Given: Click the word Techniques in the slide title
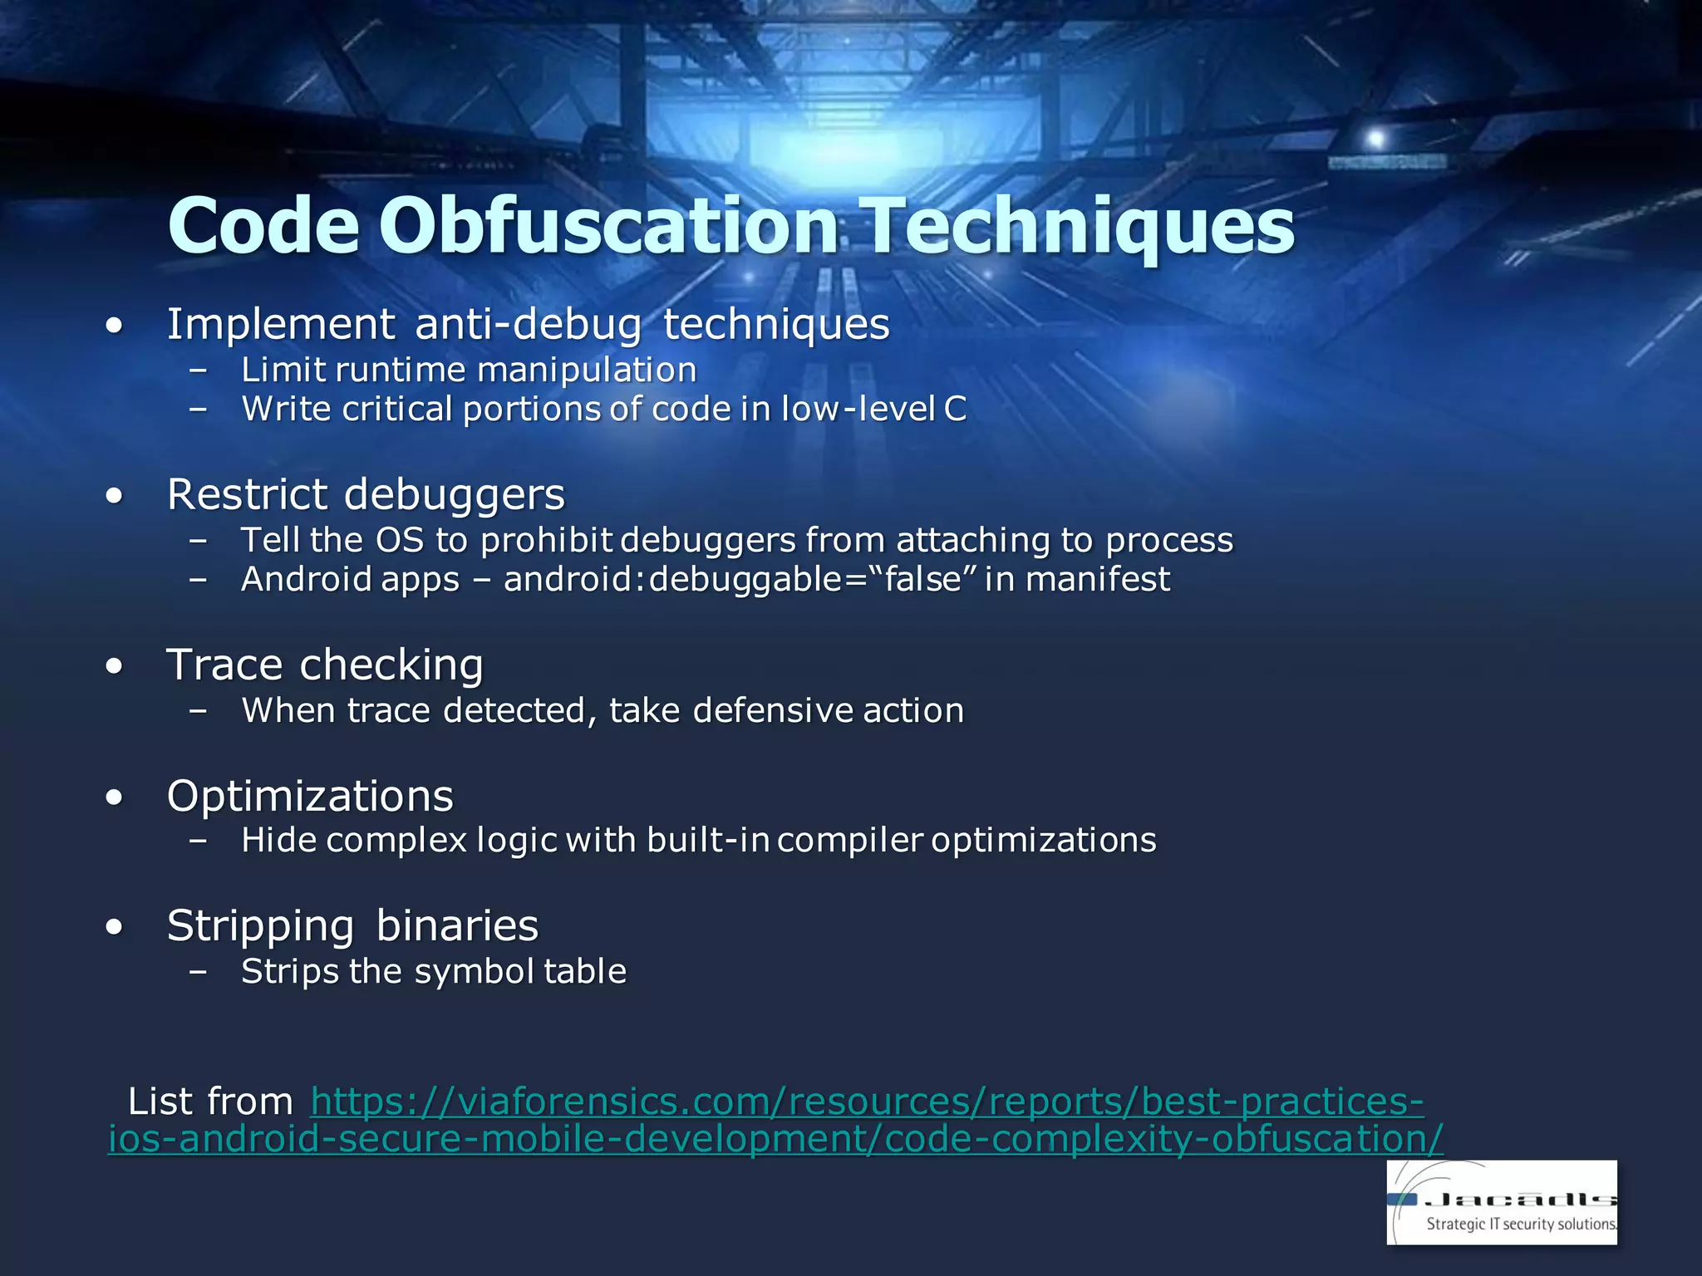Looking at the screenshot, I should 1079,226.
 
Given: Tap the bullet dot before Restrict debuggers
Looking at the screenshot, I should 115,497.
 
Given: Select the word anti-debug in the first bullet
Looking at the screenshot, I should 528,324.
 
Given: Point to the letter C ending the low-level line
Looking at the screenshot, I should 955,409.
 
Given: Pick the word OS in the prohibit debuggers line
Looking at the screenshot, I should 400,541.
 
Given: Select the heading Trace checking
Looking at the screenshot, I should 325,665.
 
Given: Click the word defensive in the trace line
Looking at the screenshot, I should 773,711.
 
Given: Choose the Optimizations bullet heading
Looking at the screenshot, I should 310,796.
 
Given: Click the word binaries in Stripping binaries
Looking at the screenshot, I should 457,925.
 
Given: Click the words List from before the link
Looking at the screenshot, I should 209,1102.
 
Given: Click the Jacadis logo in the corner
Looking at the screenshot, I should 1501,1202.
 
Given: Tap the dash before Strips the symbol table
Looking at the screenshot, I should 198,971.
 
